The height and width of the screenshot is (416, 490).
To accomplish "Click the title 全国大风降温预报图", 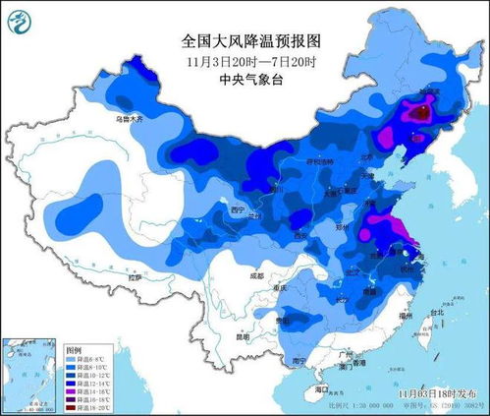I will pyautogui.click(x=251, y=40).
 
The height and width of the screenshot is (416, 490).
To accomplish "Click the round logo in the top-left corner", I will pyautogui.click(x=20, y=19).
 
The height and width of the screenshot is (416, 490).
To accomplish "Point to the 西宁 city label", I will pyautogui.click(x=231, y=209).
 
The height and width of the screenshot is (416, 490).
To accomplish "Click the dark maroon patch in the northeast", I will pyautogui.click(x=419, y=114).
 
